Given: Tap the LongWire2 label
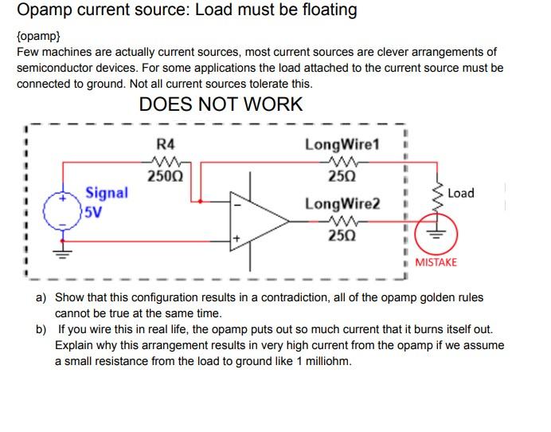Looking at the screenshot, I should [342, 205].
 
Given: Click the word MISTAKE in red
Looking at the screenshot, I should [436, 262].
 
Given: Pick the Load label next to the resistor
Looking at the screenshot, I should [461, 193].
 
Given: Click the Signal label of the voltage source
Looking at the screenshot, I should [106, 192].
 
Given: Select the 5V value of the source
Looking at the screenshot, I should [95, 213].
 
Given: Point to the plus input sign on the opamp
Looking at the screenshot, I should [236, 238].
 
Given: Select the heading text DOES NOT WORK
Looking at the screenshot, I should [221, 104].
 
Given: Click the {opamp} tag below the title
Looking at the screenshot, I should [38, 37].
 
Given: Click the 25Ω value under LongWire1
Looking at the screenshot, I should [342, 175].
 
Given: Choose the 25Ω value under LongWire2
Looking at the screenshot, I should [342, 235].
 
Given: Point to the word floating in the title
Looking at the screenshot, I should [321, 10].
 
